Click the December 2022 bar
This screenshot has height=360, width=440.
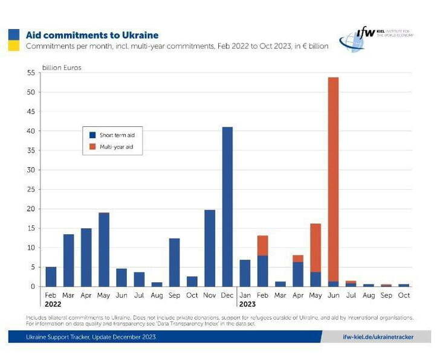point(227,207)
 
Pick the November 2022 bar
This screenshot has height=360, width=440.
point(210,248)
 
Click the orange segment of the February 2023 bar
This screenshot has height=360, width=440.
point(262,245)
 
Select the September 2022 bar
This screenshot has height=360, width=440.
point(175,262)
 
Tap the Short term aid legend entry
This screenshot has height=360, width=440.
point(113,135)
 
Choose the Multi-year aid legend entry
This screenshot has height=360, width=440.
point(113,146)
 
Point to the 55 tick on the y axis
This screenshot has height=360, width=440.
point(31,73)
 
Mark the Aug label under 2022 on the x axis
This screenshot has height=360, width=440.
point(157,295)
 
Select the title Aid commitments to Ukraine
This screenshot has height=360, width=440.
point(92,35)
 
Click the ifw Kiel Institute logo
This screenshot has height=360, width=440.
point(375,37)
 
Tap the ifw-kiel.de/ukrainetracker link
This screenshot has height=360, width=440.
point(378,337)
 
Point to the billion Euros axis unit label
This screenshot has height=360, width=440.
point(62,68)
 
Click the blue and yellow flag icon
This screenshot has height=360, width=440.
point(13,40)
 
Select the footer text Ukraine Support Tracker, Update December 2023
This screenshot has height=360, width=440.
point(91,337)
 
